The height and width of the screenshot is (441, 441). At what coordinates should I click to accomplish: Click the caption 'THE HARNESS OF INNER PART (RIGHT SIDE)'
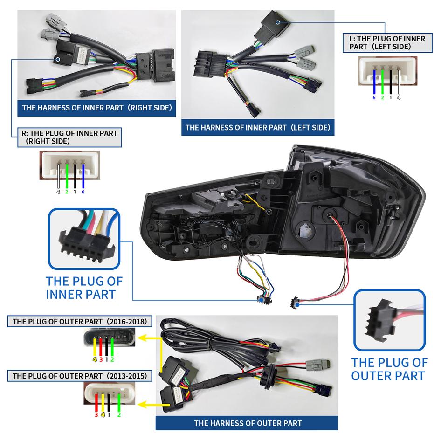point(97,108)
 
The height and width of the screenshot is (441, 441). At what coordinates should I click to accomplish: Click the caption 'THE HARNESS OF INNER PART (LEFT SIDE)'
point(257,127)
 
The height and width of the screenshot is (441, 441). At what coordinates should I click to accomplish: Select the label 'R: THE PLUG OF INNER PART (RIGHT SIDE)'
point(69,137)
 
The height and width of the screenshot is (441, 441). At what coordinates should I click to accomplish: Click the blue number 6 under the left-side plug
point(373,97)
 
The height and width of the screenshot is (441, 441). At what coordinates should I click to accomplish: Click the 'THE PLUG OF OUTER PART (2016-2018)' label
point(80,321)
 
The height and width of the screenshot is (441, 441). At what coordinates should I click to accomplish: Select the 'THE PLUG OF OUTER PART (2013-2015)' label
point(80,375)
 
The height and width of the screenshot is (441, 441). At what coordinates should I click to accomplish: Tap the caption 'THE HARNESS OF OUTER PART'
point(248,423)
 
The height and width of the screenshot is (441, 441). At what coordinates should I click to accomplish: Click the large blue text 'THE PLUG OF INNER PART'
point(84,288)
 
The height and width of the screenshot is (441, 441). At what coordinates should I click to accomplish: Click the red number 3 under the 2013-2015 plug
point(96,413)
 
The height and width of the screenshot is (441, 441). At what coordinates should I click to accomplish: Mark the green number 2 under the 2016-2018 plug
point(112,359)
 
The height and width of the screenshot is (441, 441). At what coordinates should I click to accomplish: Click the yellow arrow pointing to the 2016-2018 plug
point(150,337)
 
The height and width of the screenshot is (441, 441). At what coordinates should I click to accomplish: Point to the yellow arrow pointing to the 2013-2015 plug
point(150,404)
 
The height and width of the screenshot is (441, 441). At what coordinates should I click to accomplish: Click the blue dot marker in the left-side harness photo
point(278,22)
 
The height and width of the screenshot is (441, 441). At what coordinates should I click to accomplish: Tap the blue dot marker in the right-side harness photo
point(57,59)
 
